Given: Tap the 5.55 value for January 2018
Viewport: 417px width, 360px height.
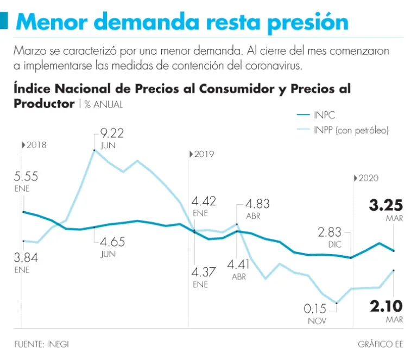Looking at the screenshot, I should pyautogui.click(x=26, y=176).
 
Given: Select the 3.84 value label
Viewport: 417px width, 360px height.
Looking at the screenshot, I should pyautogui.click(x=26, y=257).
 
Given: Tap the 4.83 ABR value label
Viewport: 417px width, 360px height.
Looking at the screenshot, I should pyautogui.click(x=257, y=205).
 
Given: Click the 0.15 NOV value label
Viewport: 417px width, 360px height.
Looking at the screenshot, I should pyautogui.click(x=315, y=309).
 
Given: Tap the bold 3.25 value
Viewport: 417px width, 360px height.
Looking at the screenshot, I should pyautogui.click(x=386, y=205).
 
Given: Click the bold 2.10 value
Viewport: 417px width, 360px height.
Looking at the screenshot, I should pyautogui.click(x=386, y=307).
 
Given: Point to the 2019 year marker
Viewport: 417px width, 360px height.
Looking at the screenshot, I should pyautogui.click(x=204, y=155).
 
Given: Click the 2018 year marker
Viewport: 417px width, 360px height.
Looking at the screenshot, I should pyautogui.click(x=36, y=145).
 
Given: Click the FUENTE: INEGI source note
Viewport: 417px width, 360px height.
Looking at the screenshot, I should pyautogui.click(x=42, y=344).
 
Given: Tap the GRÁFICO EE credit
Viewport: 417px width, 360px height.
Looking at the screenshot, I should pyautogui.click(x=381, y=344).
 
